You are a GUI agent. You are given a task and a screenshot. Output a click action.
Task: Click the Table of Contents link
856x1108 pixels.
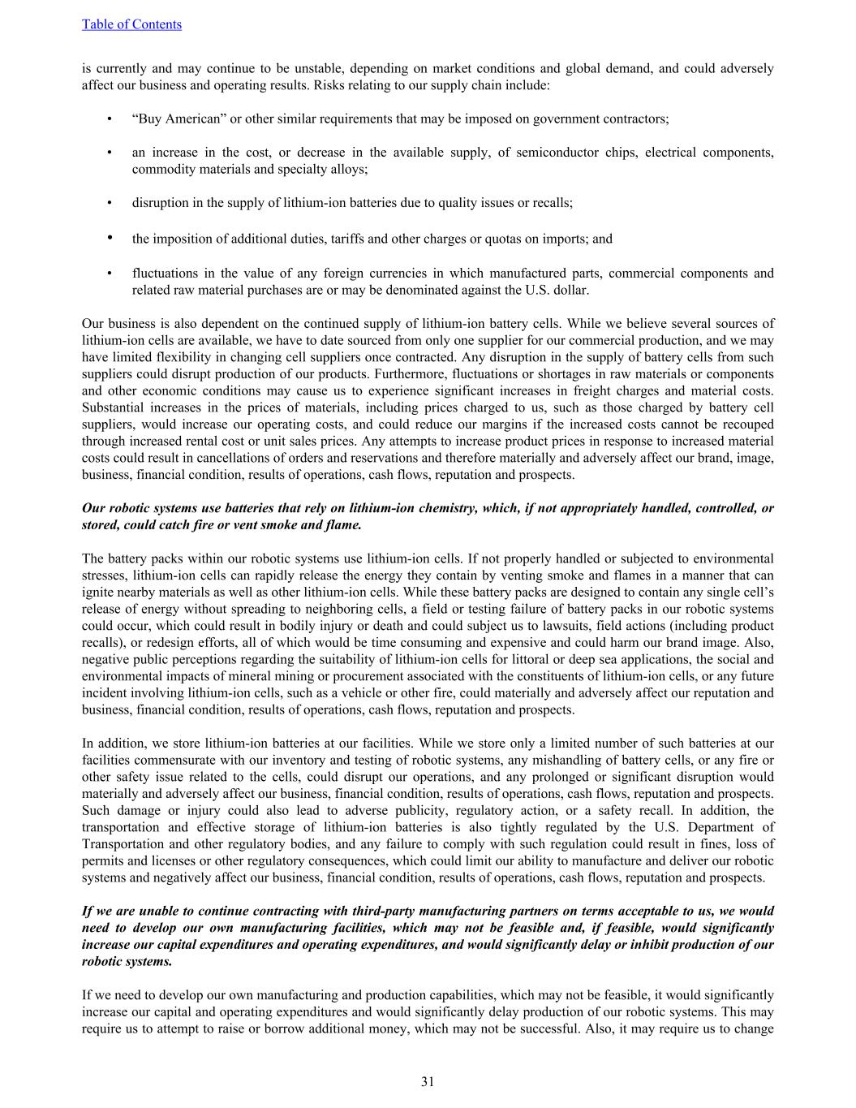click(131, 24)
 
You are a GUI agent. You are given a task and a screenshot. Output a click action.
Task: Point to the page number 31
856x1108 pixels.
click(428, 1081)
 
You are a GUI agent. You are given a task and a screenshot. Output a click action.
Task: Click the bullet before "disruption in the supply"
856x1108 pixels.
click(109, 203)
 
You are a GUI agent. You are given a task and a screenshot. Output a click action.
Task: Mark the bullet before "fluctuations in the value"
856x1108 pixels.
click(109, 274)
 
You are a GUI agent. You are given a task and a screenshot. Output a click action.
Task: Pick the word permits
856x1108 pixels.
click(102, 861)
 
